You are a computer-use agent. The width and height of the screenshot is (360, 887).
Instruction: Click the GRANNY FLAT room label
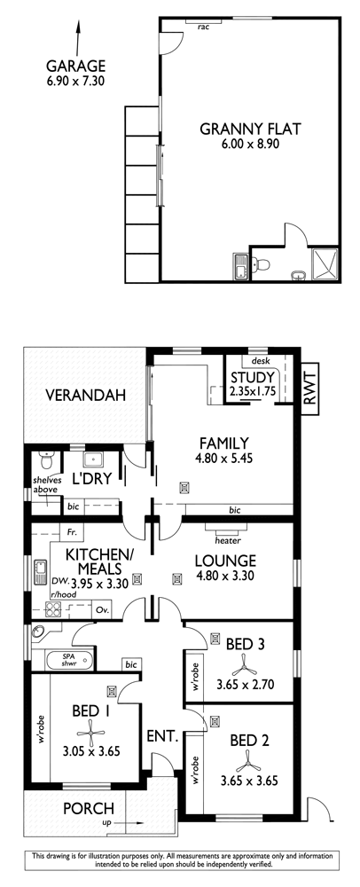click(x=250, y=129)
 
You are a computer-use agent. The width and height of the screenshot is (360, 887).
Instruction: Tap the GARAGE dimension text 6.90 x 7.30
click(x=75, y=81)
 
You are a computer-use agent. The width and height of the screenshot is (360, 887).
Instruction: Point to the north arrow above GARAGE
click(x=76, y=36)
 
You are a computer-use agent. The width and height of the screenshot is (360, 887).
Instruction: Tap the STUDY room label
click(x=253, y=378)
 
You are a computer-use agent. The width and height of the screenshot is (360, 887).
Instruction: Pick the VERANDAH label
click(x=86, y=396)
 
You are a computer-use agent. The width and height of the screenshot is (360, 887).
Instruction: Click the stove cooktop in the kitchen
click(x=53, y=610)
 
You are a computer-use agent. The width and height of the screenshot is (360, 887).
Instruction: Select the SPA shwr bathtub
click(x=68, y=660)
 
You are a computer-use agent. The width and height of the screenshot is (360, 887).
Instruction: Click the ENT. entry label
click(x=163, y=736)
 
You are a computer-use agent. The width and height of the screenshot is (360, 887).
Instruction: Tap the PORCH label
click(x=88, y=808)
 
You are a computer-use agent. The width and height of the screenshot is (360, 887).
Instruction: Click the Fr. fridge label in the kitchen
click(x=72, y=532)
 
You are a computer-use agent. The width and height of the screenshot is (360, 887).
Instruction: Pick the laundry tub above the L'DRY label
click(x=93, y=459)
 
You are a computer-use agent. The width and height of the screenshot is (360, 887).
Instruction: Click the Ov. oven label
click(x=102, y=610)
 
